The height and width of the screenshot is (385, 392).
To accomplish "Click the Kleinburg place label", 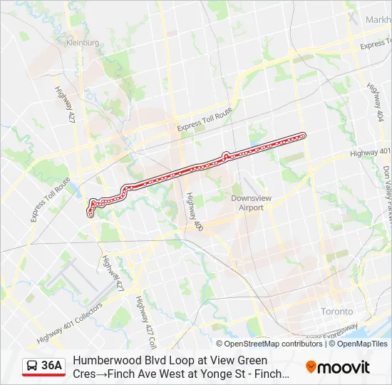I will tap(82, 43).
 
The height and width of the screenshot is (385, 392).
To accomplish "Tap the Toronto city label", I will tap(336, 312).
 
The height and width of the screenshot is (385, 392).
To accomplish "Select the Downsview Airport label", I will tap(247, 203).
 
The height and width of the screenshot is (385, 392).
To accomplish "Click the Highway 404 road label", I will tap(376, 101).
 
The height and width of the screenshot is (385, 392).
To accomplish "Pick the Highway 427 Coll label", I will tap(145, 319).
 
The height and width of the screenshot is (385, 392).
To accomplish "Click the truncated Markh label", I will tap(378, 20).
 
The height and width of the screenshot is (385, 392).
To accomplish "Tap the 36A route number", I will tap(51, 366).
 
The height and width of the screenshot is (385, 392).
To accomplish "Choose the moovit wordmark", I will tap(344, 367).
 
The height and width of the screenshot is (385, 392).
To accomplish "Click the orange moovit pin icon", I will tap(311, 367).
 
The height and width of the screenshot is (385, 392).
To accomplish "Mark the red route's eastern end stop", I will tap(304, 135).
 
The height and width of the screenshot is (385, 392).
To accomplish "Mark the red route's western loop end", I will tap(91, 212).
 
